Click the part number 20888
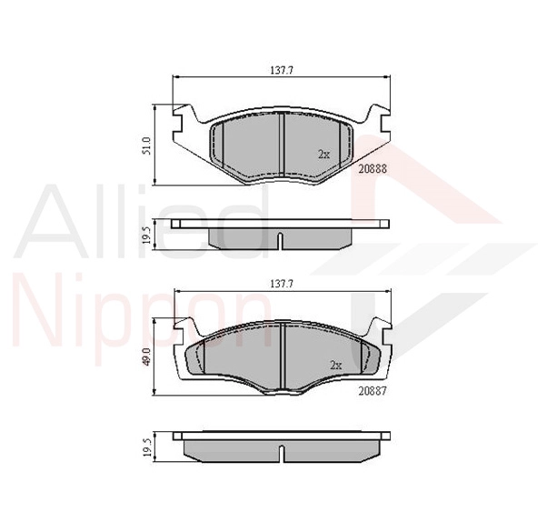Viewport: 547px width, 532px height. coord(373,168)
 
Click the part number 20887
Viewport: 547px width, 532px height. coord(373,391)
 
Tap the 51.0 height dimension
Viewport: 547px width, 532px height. coord(146,146)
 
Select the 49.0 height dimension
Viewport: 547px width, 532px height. coord(146,356)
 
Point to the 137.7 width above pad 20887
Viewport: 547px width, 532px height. coord(282,284)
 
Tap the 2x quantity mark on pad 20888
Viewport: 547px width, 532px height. coord(323,154)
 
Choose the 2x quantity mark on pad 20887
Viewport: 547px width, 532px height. coord(335,366)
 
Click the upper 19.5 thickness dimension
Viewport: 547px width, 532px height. coord(146,235)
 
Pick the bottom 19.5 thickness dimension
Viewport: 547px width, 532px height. coord(146,447)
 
